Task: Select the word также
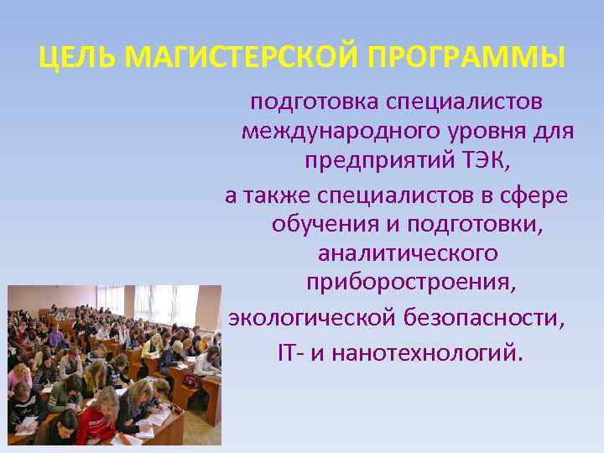(277, 195)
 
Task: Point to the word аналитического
(408, 254)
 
